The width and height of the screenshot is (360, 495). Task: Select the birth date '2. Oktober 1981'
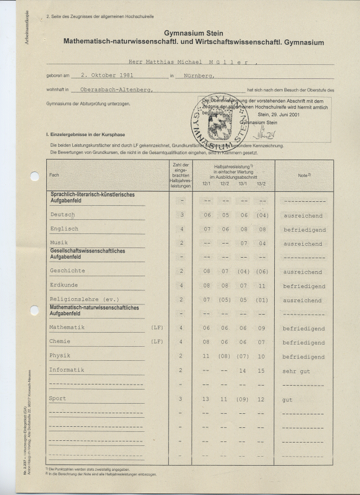tap(107, 74)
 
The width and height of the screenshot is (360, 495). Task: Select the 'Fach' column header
tap(54, 175)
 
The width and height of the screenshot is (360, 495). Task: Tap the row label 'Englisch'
tap(64, 229)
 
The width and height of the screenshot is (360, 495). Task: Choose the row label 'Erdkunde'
tap(64, 285)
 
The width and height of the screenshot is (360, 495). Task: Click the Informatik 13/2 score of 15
tap(261, 371)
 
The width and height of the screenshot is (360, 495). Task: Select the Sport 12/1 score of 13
tap(207, 399)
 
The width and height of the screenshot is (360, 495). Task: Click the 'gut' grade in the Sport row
tap(288, 399)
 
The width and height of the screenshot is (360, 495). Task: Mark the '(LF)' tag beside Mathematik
tap(157, 328)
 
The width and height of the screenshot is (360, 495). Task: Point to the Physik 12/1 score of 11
tap(207, 357)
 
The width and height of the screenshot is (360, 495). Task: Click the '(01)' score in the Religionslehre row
tap(261, 300)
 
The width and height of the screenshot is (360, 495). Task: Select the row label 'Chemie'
tap(60, 342)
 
